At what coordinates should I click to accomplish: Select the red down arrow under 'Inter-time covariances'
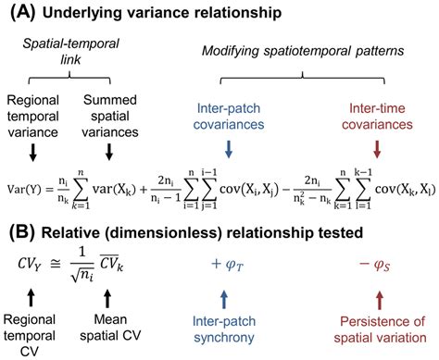tap(375, 147)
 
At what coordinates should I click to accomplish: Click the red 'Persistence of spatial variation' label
tap(378, 329)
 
